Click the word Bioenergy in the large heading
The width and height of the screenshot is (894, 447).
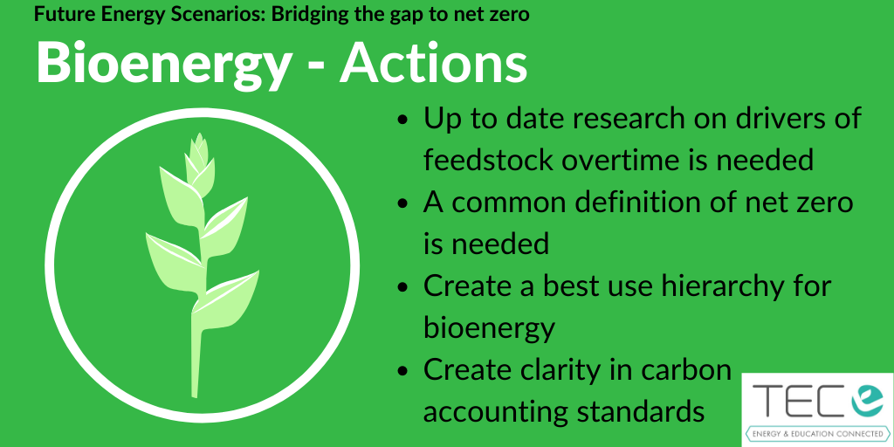(x=163, y=63)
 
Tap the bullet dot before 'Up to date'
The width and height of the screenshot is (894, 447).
(x=403, y=120)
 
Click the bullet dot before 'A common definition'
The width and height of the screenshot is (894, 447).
(x=403, y=203)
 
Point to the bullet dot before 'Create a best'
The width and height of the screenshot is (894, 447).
(x=403, y=286)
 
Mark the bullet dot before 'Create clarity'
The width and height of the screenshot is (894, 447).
(x=403, y=370)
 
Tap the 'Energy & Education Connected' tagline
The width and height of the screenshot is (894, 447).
(x=818, y=435)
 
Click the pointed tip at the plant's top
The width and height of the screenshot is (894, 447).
(x=198, y=134)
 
